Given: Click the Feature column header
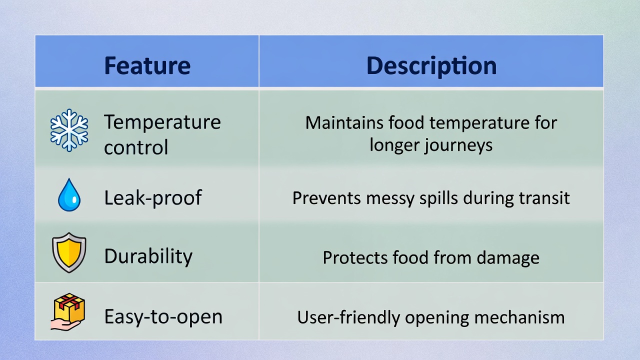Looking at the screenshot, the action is [x=147, y=65].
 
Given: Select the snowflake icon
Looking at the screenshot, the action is [x=69, y=130].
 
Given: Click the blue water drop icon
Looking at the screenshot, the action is [x=69, y=195].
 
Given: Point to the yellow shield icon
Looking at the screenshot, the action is [x=69, y=252].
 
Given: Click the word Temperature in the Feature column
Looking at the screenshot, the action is [x=162, y=122].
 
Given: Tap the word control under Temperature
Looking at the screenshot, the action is [x=136, y=147].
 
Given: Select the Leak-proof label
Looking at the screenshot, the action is [x=153, y=198].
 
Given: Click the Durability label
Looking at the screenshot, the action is [x=148, y=256].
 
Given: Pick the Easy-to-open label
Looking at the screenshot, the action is [x=163, y=317].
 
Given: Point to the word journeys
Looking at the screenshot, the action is [x=458, y=145].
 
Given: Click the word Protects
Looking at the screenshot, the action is [x=355, y=257].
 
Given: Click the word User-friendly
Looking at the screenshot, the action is [x=348, y=317].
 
